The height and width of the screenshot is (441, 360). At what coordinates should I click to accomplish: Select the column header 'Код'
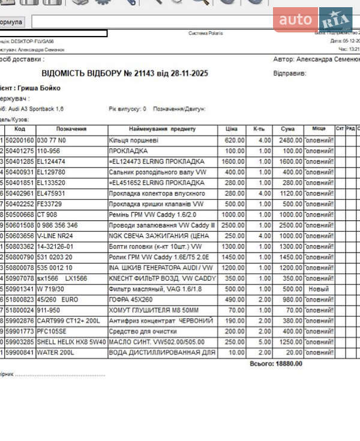point(20,129)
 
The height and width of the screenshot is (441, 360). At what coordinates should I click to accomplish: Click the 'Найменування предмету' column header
point(162,129)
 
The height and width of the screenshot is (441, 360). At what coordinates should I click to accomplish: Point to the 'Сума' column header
point(287,129)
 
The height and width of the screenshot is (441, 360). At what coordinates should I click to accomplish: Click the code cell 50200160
point(20,140)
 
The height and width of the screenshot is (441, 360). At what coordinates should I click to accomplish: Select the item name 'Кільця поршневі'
point(133,140)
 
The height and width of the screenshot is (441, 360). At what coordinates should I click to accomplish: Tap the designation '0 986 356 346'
point(57,225)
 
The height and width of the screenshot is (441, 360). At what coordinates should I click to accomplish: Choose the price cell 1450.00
point(234,257)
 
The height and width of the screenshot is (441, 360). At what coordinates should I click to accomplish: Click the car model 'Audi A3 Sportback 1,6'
point(36,109)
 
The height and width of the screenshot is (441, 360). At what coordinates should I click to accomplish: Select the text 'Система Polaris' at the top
point(205,33)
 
